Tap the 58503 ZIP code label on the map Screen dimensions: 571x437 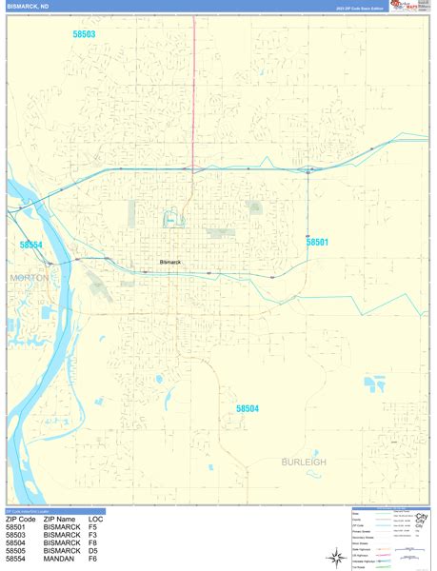84,34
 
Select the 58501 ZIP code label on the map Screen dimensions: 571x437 317,243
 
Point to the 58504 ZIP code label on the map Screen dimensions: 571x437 248,408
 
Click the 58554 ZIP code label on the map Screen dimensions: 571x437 31,245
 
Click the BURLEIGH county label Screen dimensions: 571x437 304,462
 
